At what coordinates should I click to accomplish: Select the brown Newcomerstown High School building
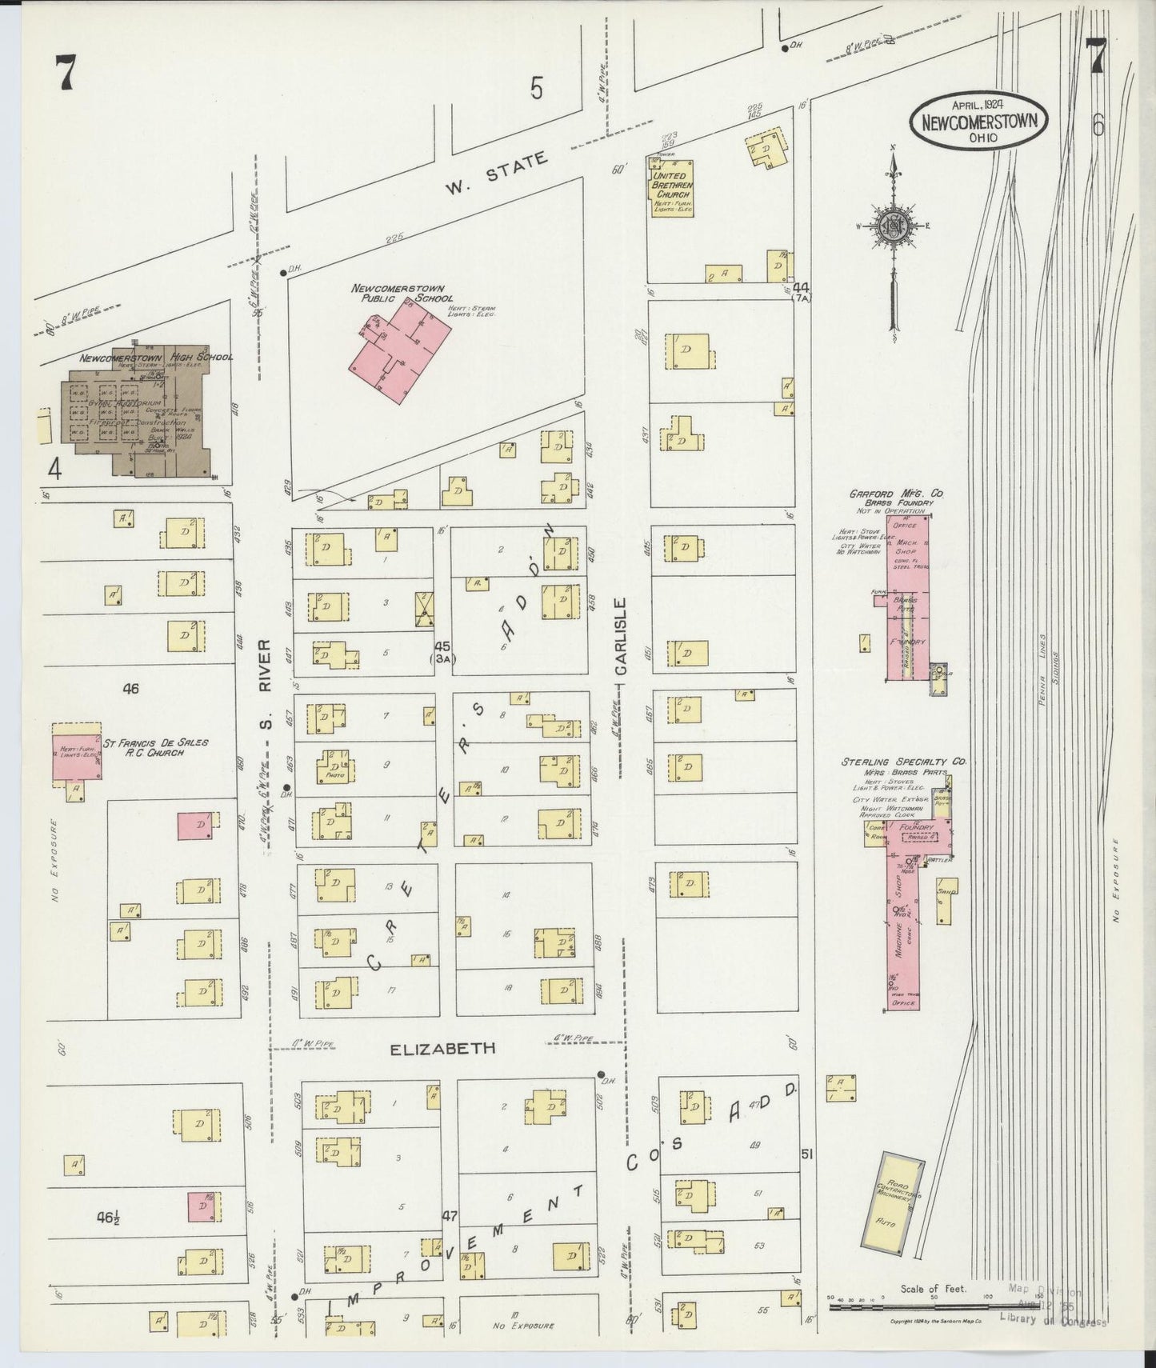(136, 412)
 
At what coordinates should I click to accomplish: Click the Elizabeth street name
(442, 1048)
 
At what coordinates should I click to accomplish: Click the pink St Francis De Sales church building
(77, 756)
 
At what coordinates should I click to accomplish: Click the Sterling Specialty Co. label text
(902, 762)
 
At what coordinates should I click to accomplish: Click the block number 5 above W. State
(536, 88)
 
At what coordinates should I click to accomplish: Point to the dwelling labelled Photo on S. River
(335, 766)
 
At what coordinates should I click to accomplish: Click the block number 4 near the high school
(54, 469)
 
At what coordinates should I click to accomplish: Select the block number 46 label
(130, 688)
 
